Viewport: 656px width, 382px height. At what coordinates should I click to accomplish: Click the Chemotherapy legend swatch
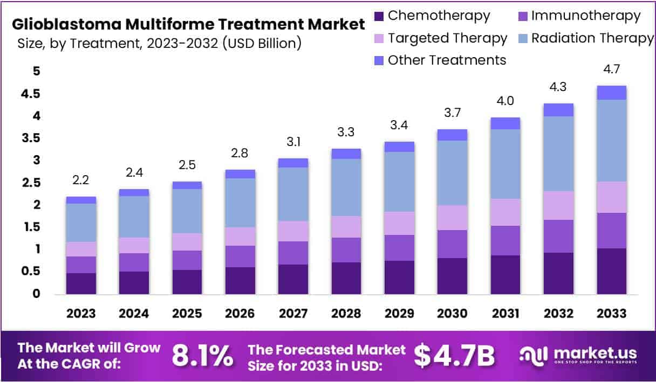tap(379, 16)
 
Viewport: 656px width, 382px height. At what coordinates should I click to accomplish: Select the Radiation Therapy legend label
tap(592, 38)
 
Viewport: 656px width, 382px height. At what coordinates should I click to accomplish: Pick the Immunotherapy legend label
tap(586, 16)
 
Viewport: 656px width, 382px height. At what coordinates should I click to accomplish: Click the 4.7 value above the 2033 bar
tap(611, 70)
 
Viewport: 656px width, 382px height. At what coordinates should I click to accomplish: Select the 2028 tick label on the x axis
tap(346, 314)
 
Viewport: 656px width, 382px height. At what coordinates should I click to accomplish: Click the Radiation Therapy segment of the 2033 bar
tap(611, 140)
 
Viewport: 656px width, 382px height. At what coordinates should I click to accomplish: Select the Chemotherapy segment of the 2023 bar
tap(81, 283)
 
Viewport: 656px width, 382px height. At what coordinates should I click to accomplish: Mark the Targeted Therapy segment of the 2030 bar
tap(452, 218)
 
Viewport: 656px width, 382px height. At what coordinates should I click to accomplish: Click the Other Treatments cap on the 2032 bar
tap(558, 110)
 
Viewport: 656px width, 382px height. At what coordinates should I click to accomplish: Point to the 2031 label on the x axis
tap(505, 314)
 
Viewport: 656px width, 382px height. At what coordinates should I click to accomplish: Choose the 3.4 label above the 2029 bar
tap(399, 126)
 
